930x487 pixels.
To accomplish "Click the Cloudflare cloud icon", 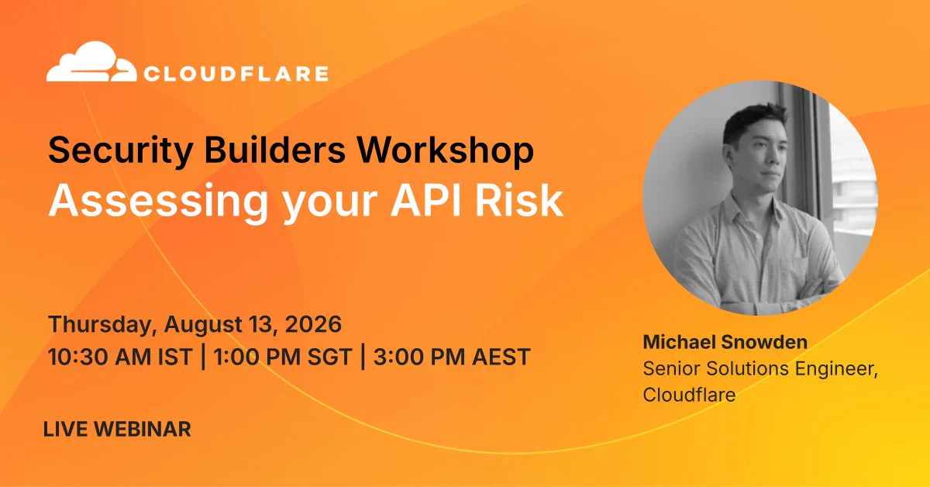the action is pyautogui.click(x=91, y=61).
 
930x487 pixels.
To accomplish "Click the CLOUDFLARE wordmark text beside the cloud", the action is pyautogui.click(x=236, y=74).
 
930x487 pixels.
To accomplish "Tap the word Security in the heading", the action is pyautogui.click(x=120, y=151).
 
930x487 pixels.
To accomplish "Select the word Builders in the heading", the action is pyautogui.click(x=274, y=150).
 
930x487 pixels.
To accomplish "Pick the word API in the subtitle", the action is pyautogui.click(x=425, y=201).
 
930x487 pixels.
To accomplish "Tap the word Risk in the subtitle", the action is pyautogui.click(x=519, y=200).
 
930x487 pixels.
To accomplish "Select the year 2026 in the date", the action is pyautogui.click(x=313, y=324).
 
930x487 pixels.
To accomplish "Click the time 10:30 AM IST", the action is pyautogui.click(x=120, y=357).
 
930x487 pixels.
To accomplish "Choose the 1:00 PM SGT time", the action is pyautogui.click(x=282, y=357).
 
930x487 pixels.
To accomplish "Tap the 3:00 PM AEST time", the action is pyautogui.click(x=452, y=357).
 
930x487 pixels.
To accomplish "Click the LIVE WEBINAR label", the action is pyautogui.click(x=117, y=430).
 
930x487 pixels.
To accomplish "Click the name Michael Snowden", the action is pyautogui.click(x=725, y=342).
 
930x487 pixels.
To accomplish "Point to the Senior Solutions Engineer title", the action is pyautogui.click(x=760, y=369).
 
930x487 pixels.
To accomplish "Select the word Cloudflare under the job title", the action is pyautogui.click(x=689, y=395).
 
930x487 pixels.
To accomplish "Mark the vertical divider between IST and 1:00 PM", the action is pyautogui.click(x=203, y=356).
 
